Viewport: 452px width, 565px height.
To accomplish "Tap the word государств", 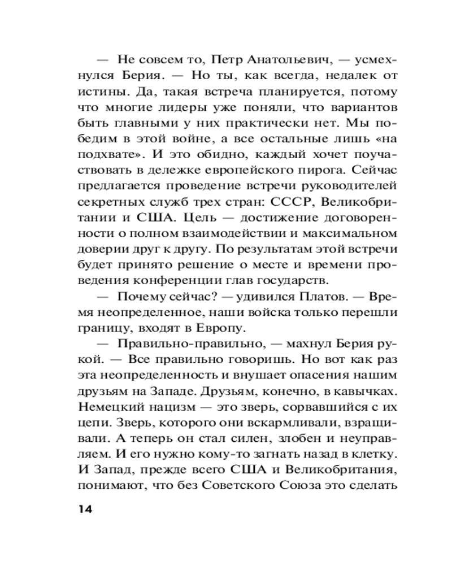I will (299, 280).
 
